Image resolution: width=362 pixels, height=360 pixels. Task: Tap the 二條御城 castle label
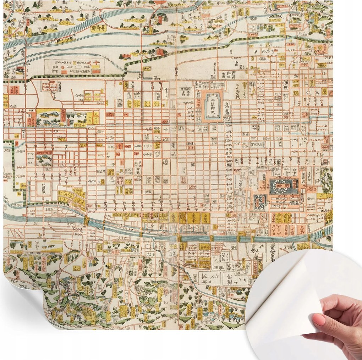point(213,105)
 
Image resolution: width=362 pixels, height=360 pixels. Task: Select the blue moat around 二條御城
point(204,106)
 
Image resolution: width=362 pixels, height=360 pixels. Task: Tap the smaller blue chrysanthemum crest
point(259,201)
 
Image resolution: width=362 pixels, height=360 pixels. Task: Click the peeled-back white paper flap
point(284,294)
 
